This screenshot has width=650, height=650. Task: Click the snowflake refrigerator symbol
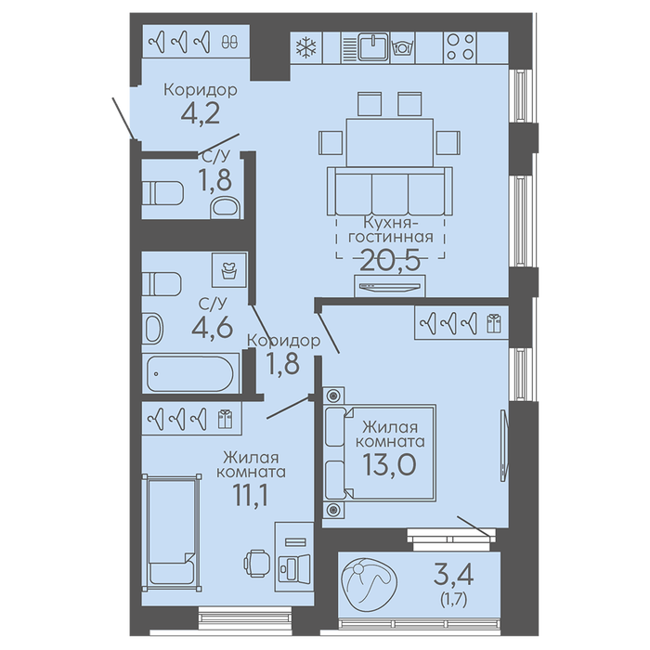(x=306, y=47)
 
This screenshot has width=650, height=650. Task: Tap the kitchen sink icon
(x=374, y=47)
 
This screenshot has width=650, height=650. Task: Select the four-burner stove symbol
(x=461, y=47)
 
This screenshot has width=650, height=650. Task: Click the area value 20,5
(x=390, y=260)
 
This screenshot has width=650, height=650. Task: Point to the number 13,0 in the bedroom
(x=389, y=463)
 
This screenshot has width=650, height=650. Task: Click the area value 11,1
(x=252, y=495)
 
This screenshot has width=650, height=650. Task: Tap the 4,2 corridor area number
(x=201, y=113)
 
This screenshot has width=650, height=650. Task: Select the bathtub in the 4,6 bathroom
(x=190, y=373)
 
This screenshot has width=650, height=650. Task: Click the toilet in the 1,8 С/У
(x=162, y=193)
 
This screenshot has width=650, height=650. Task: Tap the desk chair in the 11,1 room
(x=256, y=563)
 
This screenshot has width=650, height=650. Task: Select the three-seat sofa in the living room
(x=390, y=191)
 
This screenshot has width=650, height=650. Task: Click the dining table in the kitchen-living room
(x=390, y=143)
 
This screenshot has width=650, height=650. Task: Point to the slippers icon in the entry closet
(x=229, y=42)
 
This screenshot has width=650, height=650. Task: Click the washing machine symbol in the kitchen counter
(x=402, y=47)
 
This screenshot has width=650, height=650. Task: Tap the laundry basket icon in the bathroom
(x=228, y=270)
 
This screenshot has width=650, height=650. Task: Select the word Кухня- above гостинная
(x=390, y=223)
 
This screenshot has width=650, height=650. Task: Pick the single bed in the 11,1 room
(x=172, y=533)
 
